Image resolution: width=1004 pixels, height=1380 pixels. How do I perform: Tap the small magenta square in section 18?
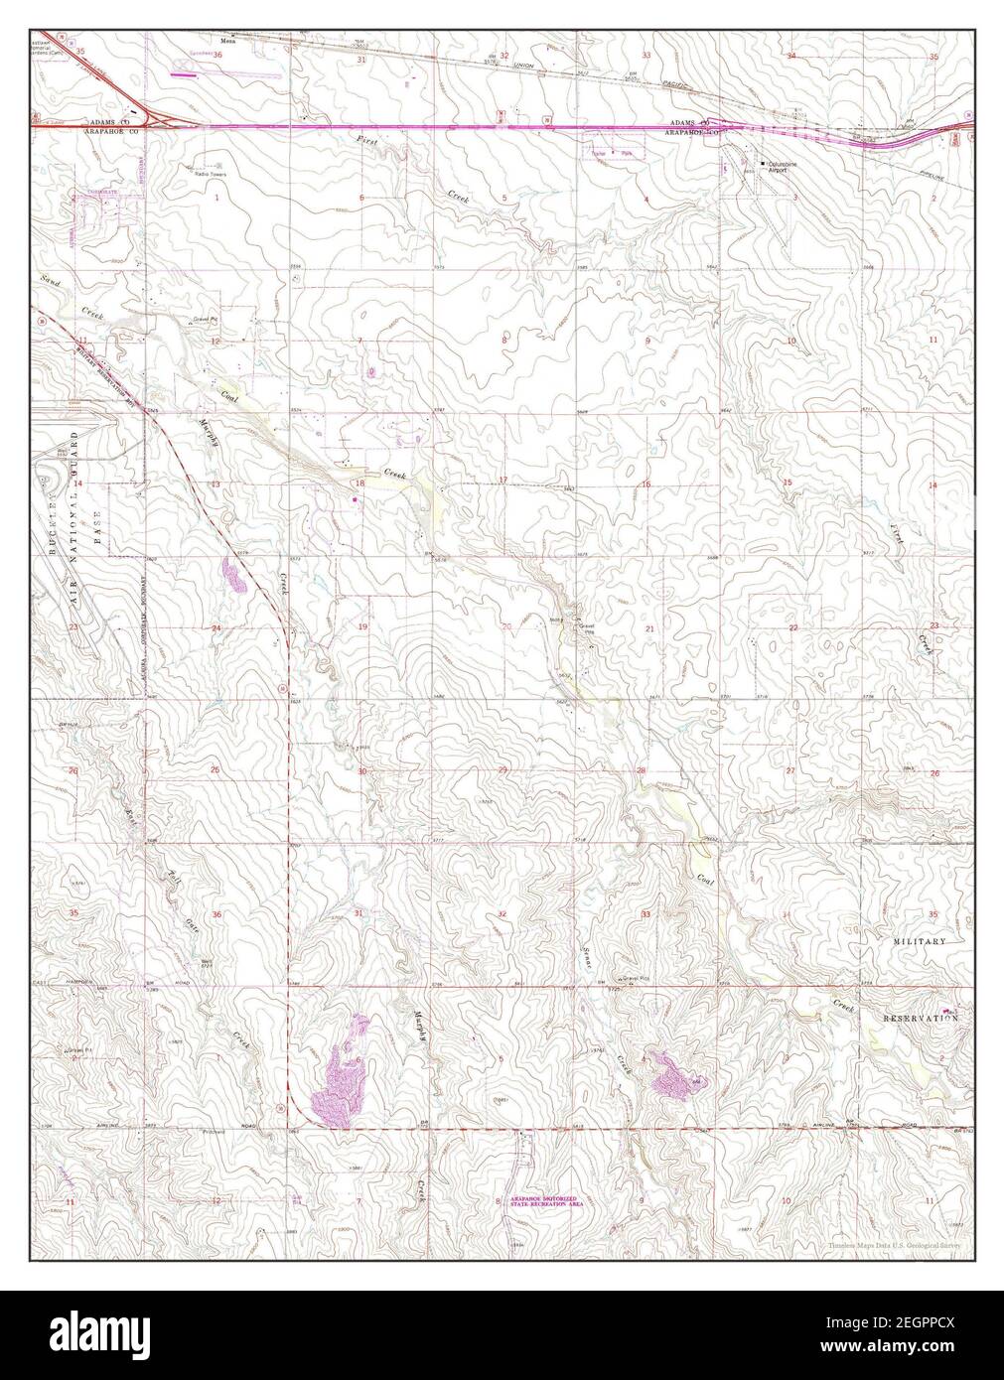[x=355, y=499]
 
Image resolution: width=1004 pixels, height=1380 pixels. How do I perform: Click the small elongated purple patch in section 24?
[x=233, y=575]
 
